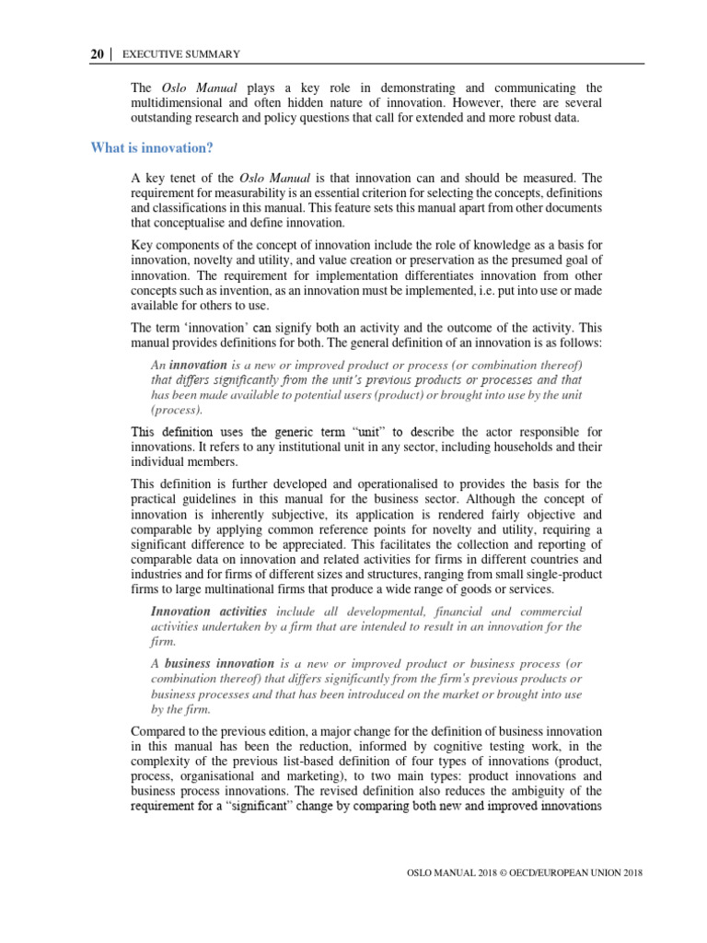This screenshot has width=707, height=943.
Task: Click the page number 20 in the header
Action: pyautogui.click(x=97, y=55)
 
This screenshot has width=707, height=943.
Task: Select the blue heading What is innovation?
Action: pyautogui.click(x=152, y=147)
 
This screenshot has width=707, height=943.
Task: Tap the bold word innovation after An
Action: pyautogui.click(x=198, y=365)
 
